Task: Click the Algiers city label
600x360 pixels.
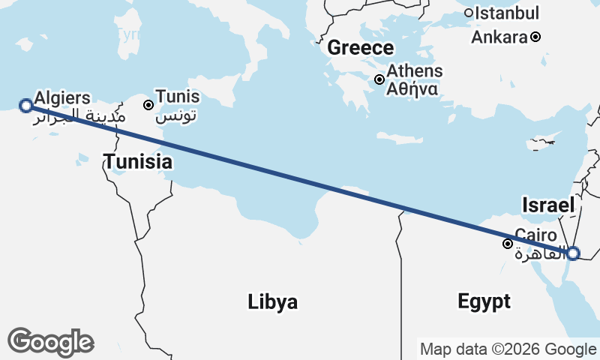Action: point(62,97)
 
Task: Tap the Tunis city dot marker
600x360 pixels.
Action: point(148,105)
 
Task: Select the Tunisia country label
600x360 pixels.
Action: point(138,161)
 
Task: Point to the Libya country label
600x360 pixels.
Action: point(273,302)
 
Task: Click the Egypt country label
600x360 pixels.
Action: point(484,301)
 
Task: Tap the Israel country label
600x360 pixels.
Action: point(548,205)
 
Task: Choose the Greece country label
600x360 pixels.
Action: point(360,48)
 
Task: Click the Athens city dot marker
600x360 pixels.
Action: point(379,79)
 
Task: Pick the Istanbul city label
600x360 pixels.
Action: point(508,13)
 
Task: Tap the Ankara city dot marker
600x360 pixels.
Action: point(535,37)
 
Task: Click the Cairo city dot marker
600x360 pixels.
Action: point(508,243)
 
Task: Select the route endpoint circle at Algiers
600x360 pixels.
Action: point(25,105)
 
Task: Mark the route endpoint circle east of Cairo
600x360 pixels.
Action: point(572,253)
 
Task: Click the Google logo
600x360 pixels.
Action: point(50,342)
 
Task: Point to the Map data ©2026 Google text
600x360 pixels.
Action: point(508,349)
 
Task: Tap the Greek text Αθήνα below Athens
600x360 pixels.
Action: point(412,88)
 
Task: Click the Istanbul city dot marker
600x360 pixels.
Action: point(469,13)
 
